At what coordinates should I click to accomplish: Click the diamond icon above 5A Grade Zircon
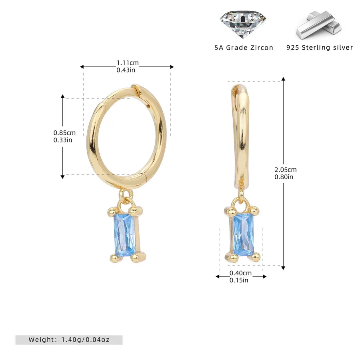click(243, 24)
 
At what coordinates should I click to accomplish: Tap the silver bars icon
click(319, 24)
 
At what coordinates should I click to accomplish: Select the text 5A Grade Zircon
click(244, 48)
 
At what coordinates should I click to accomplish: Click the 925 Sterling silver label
click(320, 48)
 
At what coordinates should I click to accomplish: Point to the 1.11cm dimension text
click(128, 63)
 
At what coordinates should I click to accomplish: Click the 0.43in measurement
click(126, 70)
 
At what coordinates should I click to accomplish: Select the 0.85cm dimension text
click(64, 133)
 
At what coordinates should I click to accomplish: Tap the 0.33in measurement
click(63, 140)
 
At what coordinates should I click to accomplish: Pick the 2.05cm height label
click(286, 170)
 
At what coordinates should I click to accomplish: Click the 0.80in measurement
click(284, 176)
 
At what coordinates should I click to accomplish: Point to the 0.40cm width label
click(240, 273)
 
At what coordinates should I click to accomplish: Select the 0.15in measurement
click(239, 280)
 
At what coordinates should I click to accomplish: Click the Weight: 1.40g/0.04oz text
click(69, 340)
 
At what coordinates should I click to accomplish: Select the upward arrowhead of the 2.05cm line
click(284, 80)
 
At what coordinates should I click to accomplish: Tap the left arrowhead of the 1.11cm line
click(82, 67)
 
